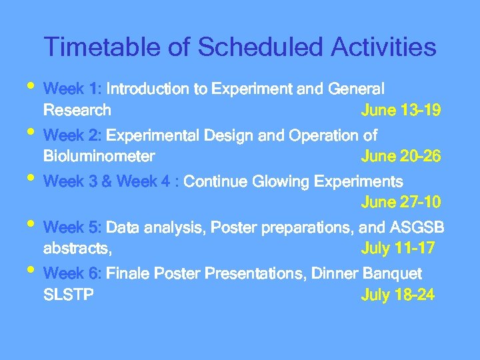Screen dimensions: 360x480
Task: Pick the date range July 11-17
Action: click(397, 249)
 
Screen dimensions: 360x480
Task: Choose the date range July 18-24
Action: click(397, 295)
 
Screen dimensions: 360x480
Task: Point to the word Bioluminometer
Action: click(99, 157)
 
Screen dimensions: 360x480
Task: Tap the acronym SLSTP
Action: click(68, 295)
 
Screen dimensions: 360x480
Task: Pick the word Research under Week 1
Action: click(77, 110)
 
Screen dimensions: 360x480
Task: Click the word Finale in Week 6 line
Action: click(129, 274)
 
